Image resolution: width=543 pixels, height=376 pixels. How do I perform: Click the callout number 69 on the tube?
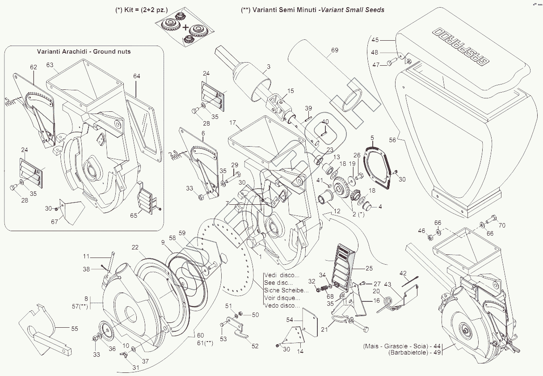(x=335, y=50)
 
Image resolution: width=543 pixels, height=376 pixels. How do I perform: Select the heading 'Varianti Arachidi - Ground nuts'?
(x=84, y=51)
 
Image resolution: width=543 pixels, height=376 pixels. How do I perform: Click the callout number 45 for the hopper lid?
(x=375, y=40)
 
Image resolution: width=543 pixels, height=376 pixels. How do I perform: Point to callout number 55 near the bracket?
(x=74, y=329)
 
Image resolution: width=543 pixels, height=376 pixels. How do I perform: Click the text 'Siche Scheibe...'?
(x=286, y=290)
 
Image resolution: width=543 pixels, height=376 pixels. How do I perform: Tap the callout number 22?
(x=135, y=247)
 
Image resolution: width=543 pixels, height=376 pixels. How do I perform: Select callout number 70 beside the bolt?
(x=502, y=225)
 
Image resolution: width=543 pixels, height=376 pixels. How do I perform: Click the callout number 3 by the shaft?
(x=269, y=67)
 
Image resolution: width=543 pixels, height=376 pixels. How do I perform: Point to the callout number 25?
(x=369, y=268)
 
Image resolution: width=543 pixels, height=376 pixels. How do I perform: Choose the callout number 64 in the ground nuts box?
(x=136, y=76)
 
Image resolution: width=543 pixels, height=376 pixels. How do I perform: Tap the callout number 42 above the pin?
(x=403, y=273)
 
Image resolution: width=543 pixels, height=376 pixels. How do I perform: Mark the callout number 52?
(x=255, y=346)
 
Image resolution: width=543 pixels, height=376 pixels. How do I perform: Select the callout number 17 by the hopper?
(x=233, y=123)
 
